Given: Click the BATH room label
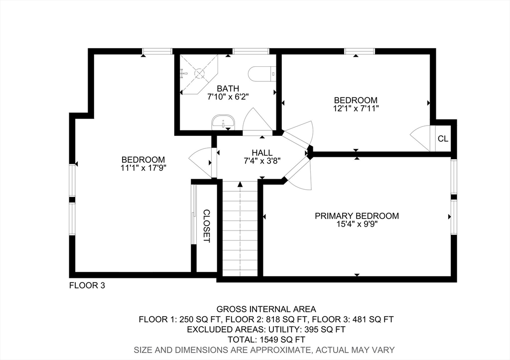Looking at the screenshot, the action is pyautogui.click(x=228, y=89).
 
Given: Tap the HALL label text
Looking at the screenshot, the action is pyautogui.click(x=262, y=152).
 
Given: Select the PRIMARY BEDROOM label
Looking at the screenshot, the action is pyautogui.click(x=357, y=216).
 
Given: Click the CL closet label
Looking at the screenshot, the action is pyautogui.click(x=443, y=138).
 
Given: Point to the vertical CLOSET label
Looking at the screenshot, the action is pyautogui.click(x=207, y=226).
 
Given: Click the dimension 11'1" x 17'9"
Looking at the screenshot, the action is pyautogui.click(x=143, y=168).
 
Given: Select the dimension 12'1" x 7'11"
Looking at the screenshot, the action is pyautogui.click(x=356, y=108).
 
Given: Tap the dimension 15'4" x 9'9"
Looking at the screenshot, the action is pyautogui.click(x=357, y=224).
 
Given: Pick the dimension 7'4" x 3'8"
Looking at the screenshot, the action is pyautogui.click(x=262, y=161).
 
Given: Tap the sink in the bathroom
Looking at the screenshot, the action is pyautogui.click(x=223, y=122).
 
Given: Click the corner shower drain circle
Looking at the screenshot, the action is pyautogui.click(x=199, y=73).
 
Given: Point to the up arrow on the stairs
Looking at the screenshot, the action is pyautogui.click(x=240, y=185).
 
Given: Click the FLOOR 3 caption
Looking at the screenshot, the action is pyautogui.click(x=87, y=285).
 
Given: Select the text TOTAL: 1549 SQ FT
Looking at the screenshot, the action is pyautogui.click(x=266, y=340).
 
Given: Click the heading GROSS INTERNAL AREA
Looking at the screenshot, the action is pyautogui.click(x=266, y=309).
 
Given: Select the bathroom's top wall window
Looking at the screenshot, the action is pyautogui.click(x=251, y=51).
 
